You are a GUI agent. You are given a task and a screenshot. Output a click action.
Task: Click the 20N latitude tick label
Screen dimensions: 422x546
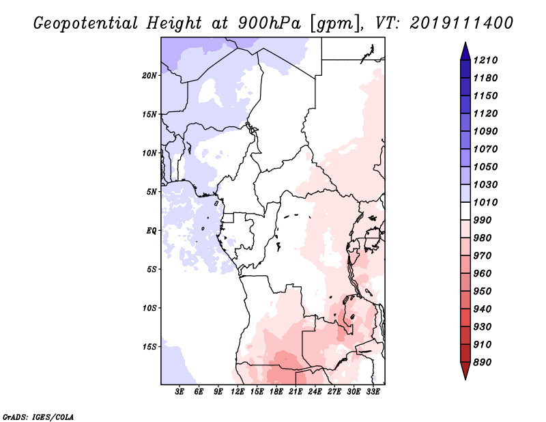click(x=149, y=75)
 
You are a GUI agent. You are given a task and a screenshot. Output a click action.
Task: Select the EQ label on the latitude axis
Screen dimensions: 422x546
click(x=152, y=230)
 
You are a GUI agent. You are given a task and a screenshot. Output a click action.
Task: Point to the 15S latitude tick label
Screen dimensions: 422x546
click(x=149, y=346)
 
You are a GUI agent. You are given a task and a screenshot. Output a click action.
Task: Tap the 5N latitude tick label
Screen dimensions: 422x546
click(x=152, y=191)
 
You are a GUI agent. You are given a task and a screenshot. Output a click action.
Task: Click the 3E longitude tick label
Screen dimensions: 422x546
click(x=180, y=391)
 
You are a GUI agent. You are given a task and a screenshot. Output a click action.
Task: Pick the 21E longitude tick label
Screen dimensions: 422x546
click(x=296, y=391)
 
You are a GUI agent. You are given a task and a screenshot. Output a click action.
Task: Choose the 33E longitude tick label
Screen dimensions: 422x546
click(x=373, y=391)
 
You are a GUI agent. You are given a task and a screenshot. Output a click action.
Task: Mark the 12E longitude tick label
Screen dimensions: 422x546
click(x=238, y=391)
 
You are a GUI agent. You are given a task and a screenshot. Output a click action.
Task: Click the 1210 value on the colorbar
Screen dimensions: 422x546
click(x=487, y=60)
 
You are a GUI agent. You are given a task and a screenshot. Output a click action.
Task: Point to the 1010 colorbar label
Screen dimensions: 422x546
click(x=487, y=202)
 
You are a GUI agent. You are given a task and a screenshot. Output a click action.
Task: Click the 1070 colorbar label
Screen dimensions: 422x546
click(x=487, y=149)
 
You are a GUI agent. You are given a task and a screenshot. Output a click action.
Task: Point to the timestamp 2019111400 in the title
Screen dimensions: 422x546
click(x=461, y=23)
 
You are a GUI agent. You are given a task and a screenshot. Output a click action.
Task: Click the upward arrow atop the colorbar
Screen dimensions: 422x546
click(x=464, y=49)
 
